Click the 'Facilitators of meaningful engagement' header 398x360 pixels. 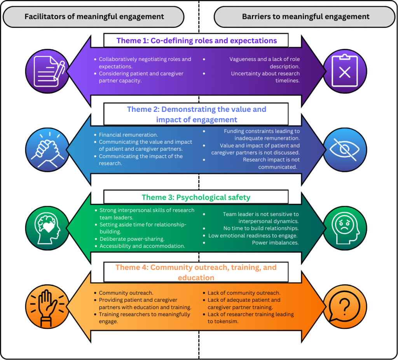click(x=94, y=17)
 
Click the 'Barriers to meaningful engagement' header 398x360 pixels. click(x=305, y=17)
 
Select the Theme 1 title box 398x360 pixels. click(x=196, y=40)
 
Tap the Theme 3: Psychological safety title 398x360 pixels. click(x=196, y=197)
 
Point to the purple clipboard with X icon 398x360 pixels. click(x=344, y=71)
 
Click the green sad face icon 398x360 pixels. click(x=344, y=228)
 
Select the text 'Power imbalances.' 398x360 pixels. click(x=276, y=243)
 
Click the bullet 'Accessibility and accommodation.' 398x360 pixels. click(x=142, y=246)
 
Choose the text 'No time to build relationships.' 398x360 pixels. click(x=261, y=228)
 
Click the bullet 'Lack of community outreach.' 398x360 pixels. click(x=244, y=293)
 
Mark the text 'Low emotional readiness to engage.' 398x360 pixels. click(x=253, y=236)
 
